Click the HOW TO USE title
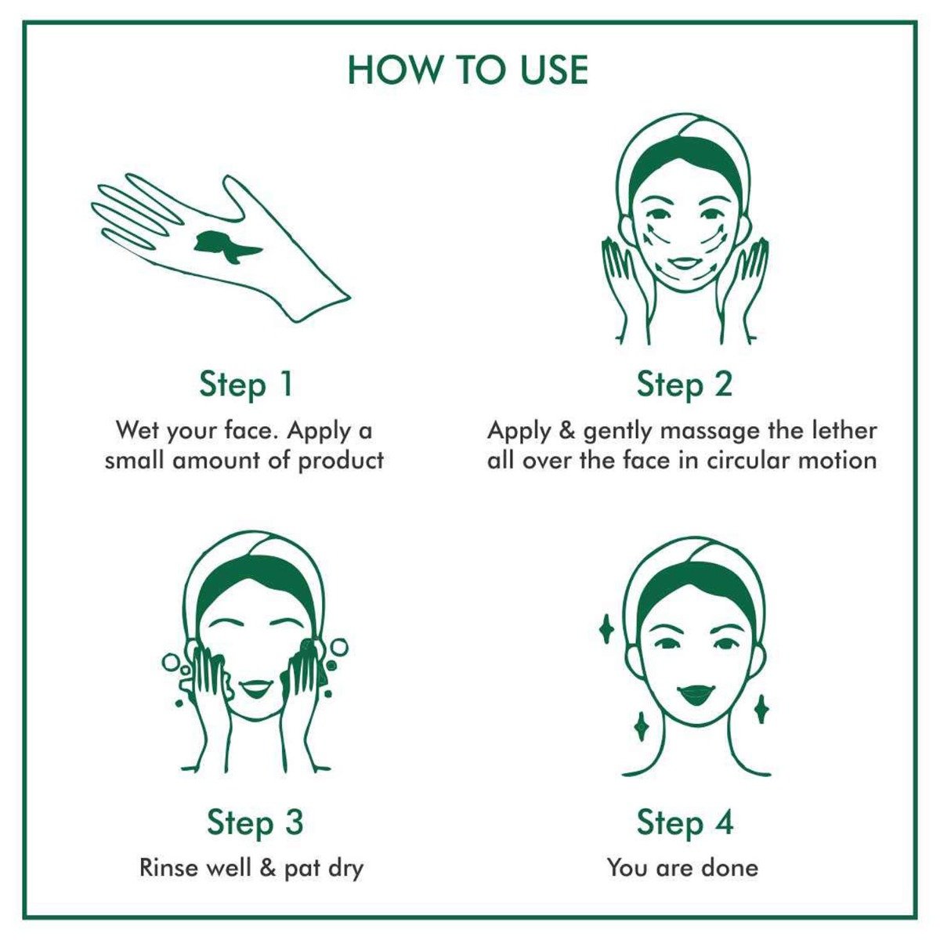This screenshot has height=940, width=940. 468,70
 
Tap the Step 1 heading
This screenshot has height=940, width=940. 245,385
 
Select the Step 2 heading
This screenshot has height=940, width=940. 684,385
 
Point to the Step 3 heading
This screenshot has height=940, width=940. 255,822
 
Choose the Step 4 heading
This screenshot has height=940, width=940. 685,822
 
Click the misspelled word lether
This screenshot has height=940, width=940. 843,430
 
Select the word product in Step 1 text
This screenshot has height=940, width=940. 341,459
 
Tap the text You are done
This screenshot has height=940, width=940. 682,867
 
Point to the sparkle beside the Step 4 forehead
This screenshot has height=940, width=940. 605,630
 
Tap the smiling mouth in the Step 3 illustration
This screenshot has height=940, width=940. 255,689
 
